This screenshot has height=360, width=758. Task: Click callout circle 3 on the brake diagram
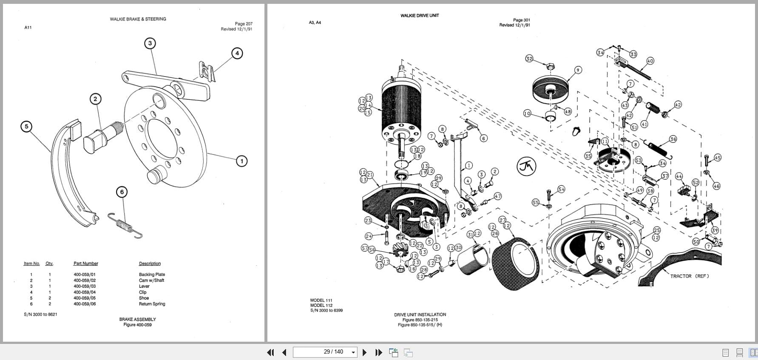click(x=150, y=43)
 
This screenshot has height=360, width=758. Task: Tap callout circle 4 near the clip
click(x=237, y=53)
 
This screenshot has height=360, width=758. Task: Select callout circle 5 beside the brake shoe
click(x=26, y=126)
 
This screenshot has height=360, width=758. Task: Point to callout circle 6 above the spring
click(x=122, y=192)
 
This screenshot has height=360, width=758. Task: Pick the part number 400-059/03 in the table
click(x=85, y=286)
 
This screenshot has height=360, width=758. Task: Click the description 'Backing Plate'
click(x=152, y=275)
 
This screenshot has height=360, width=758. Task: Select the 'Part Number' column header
click(x=85, y=264)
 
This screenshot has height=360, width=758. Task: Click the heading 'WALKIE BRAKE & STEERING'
click(x=138, y=19)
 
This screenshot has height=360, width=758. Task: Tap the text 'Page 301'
click(x=521, y=20)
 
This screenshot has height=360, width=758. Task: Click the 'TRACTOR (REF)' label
click(x=689, y=276)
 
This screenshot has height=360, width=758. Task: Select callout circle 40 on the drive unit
click(x=650, y=61)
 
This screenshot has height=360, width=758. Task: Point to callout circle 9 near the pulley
click(x=578, y=70)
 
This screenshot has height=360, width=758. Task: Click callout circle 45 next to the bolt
click(x=718, y=158)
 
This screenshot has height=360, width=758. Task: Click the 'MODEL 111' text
click(x=321, y=300)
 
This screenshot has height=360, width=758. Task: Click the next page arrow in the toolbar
click(x=364, y=352)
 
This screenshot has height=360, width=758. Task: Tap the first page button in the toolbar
click(x=270, y=352)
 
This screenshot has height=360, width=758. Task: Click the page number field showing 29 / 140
click(x=325, y=352)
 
